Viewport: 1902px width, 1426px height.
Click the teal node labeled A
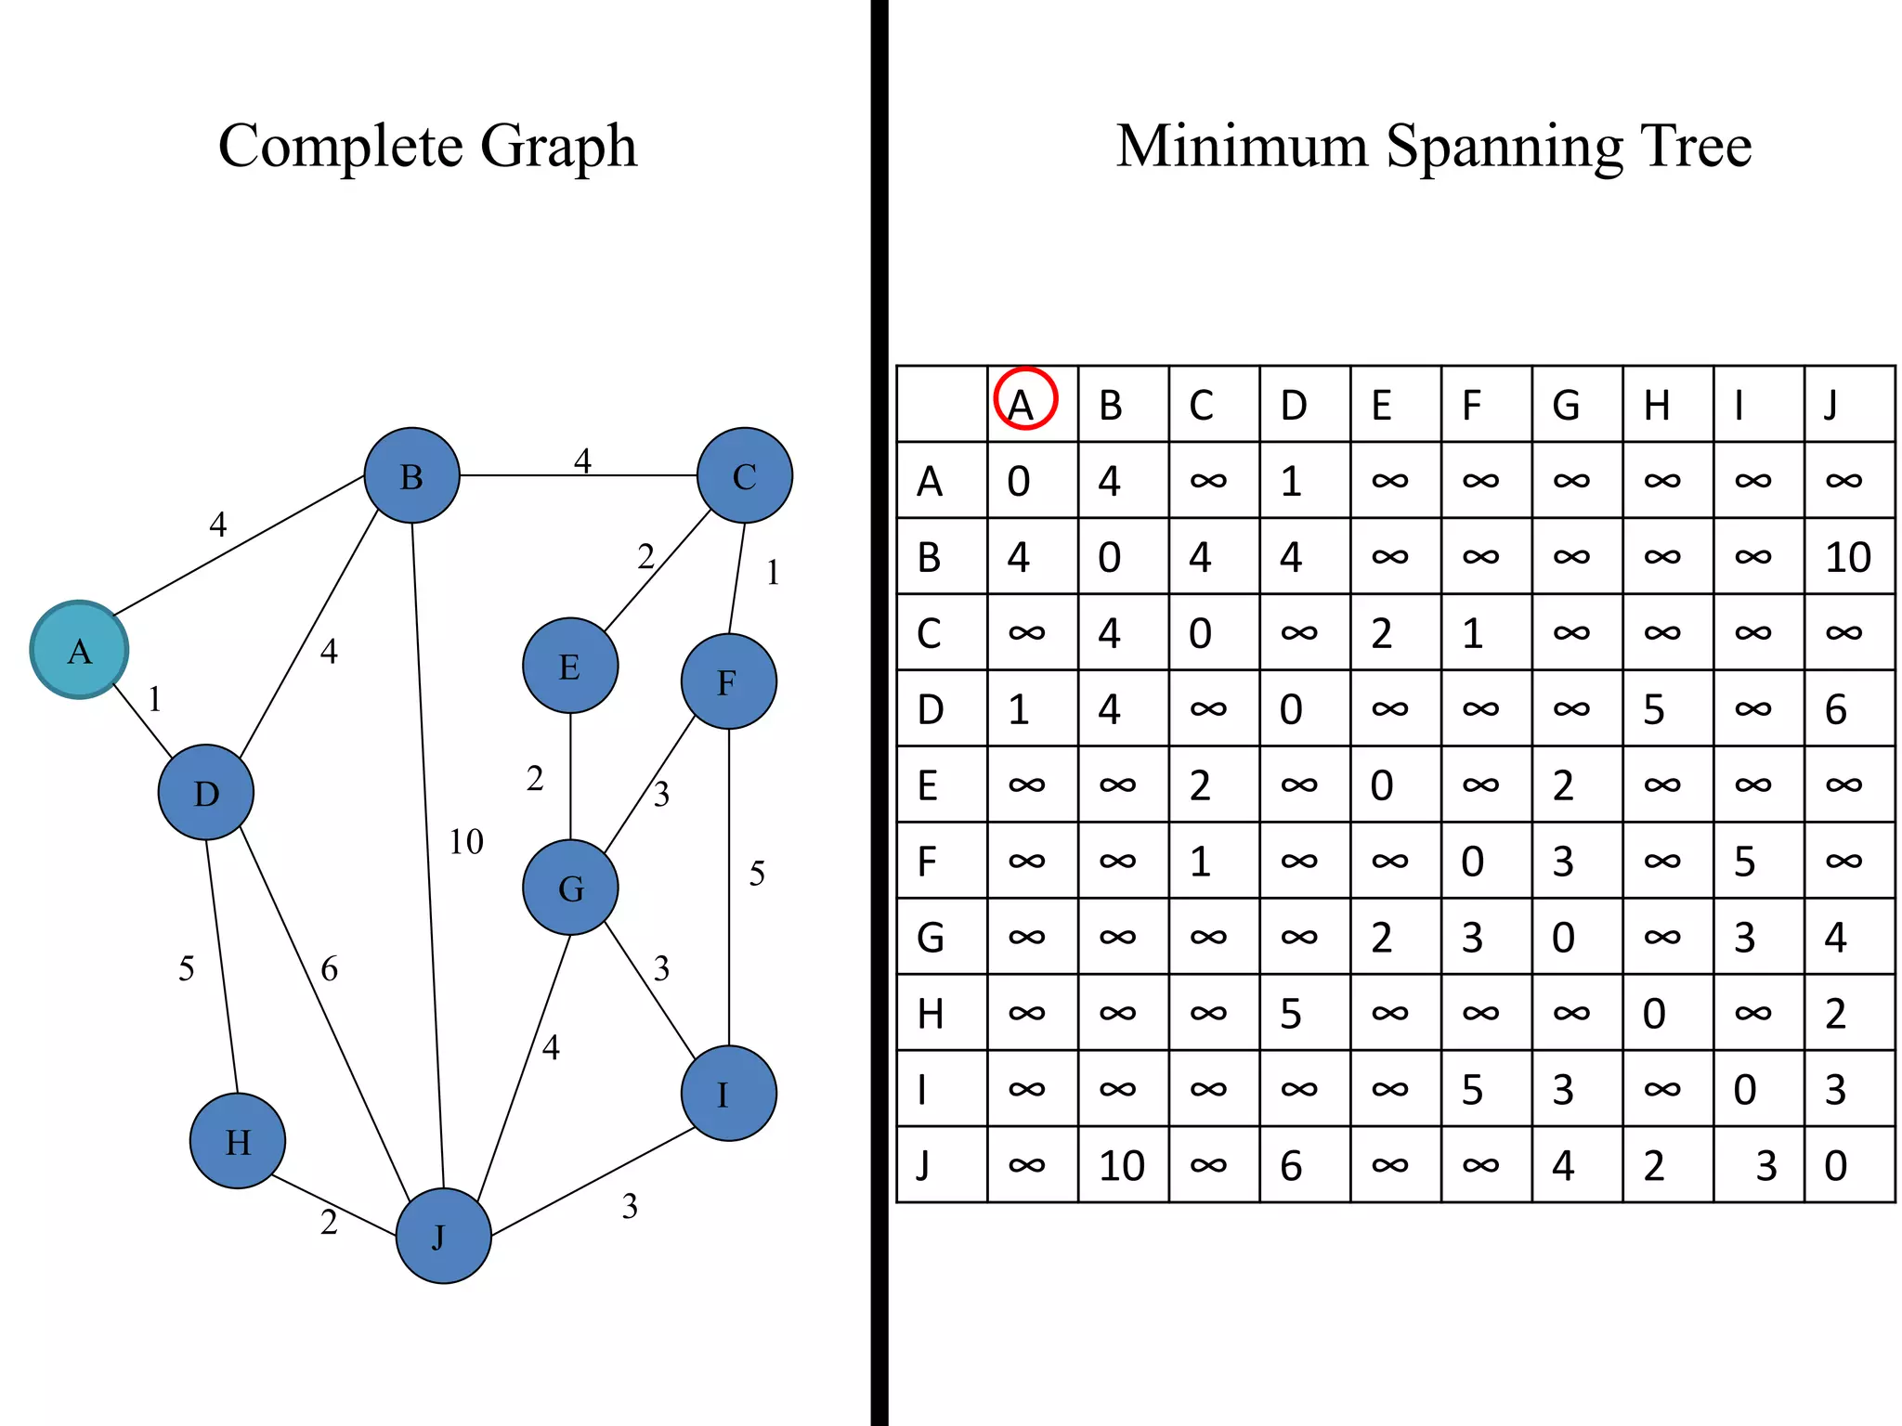[79, 650]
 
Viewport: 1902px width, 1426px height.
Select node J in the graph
[443, 1236]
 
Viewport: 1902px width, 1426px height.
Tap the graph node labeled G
[570, 888]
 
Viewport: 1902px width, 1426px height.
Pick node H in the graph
[238, 1141]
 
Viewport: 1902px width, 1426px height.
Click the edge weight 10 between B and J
[466, 842]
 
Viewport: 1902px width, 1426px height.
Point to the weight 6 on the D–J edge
[330, 969]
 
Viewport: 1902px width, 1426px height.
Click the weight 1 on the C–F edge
[773, 573]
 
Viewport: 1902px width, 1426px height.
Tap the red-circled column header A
[1025, 400]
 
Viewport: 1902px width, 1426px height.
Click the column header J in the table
[1831, 405]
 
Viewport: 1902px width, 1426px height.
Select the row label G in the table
[931, 937]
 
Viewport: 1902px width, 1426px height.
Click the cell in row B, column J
[1848, 557]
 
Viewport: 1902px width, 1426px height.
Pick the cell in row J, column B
[1122, 1165]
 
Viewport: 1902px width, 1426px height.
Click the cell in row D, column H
[1655, 709]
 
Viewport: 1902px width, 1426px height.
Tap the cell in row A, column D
[1292, 481]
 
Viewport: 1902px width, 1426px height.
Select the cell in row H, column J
[1836, 1013]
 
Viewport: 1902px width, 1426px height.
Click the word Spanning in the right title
[1505, 147]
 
